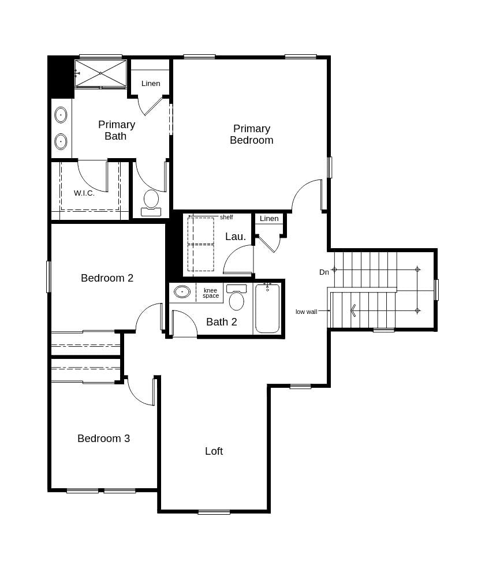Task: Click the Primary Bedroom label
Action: tap(251, 134)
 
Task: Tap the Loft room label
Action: tap(214, 451)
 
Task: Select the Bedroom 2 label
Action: tap(107, 278)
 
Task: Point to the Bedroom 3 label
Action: tap(103, 439)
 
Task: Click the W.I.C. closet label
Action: tap(84, 193)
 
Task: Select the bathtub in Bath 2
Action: tap(267, 309)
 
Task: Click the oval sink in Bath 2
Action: tap(182, 292)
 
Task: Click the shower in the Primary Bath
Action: tap(100, 73)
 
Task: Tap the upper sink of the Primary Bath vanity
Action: tap(61, 115)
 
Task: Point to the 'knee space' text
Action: tap(211, 293)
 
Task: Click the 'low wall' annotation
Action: tap(306, 312)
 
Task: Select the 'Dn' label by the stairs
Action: tap(324, 272)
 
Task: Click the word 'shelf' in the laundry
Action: tap(226, 218)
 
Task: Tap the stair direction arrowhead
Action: tap(353, 310)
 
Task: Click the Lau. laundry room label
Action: tap(236, 237)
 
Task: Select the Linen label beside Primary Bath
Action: tap(151, 84)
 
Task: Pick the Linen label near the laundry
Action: tap(269, 219)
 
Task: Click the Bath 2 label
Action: tap(222, 322)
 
